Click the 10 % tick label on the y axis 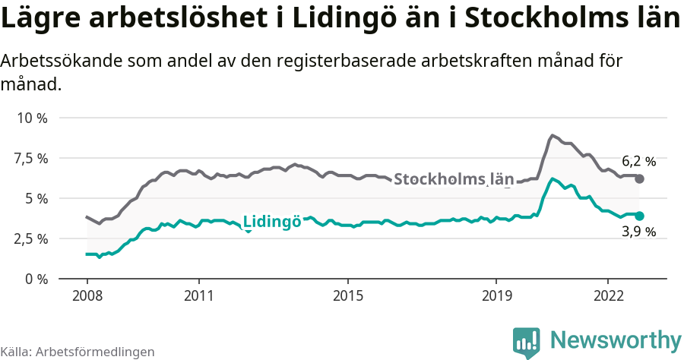tap(32, 118)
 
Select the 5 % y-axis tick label tap(36, 198)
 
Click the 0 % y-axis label tap(36, 279)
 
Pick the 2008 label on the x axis tap(87, 295)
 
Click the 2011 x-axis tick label tap(198, 295)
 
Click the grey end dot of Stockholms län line tap(640, 178)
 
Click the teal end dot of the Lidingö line tap(640, 216)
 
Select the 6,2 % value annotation tap(638, 161)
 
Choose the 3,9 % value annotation tap(638, 232)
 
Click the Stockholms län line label tap(454, 179)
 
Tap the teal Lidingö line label tap(271, 222)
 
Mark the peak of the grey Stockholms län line tap(552, 136)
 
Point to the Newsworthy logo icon tap(527, 342)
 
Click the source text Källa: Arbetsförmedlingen tap(78, 352)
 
